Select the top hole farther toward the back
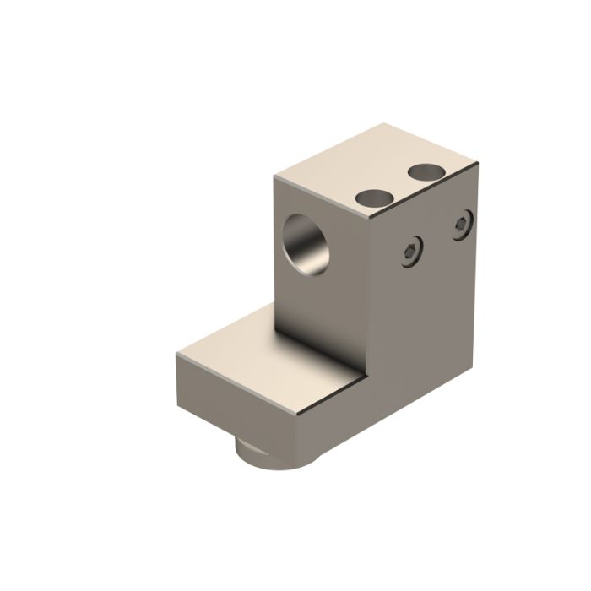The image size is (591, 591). [x=426, y=172]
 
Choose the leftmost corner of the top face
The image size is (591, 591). [x=275, y=176]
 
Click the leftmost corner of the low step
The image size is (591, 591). [x=176, y=355]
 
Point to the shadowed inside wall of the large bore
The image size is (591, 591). [x=297, y=236]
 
